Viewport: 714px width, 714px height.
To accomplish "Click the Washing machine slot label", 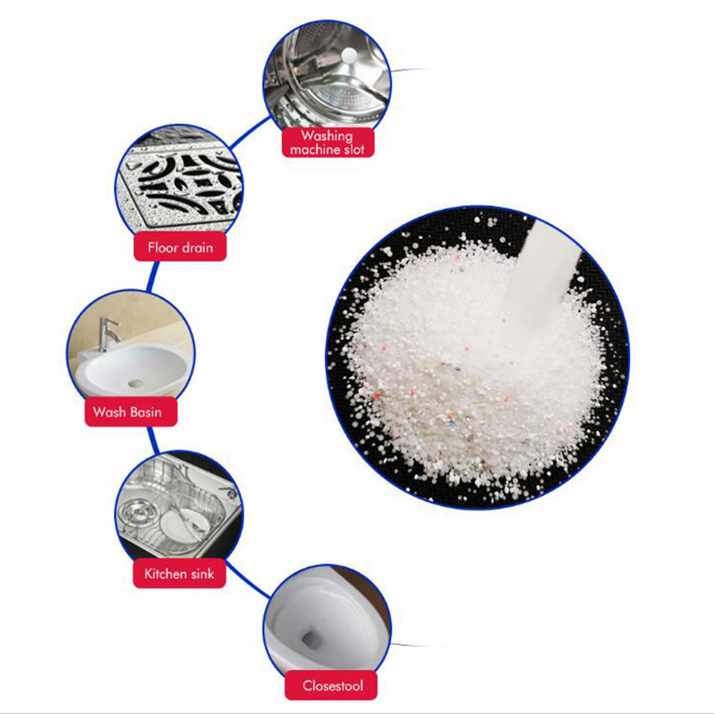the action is click(328, 143).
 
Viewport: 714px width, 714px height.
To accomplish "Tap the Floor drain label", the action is click(180, 247).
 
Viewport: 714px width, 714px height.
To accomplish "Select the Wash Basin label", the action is click(131, 411).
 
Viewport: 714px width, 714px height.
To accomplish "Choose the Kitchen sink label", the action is click(179, 573).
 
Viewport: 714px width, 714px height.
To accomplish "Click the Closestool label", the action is click(331, 685).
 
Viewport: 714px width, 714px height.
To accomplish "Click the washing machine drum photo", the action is click(327, 75).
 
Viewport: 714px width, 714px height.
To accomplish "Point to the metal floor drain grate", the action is click(182, 185).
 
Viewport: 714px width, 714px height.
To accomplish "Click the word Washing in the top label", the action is click(327, 137).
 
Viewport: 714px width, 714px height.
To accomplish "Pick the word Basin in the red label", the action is click(145, 411).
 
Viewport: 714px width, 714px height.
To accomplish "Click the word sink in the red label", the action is click(203, 573).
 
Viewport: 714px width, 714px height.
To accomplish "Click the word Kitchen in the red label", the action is click(166, 573).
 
